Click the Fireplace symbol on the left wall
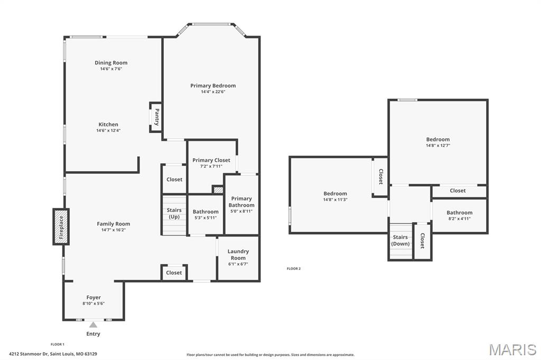pyautogui.click(x=61, y=226)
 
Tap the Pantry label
pyautogui.click(x=157, y=117)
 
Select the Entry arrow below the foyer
pyautogui.click(x=93, y=325)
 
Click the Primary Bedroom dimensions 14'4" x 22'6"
pyautogui.click(x=213, y=92)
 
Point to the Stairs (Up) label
pyautogui.click(x=174, y=213)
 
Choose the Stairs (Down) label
pyautogui.click(x=400, y=241)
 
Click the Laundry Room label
pyautogui.click(x=238, y=254)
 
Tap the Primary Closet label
pyautogui.click(x=211, y=160)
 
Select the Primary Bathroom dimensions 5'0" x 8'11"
pyautogui.click(x=241, y=211)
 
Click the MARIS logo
pyautogui.click(x=512, y=349)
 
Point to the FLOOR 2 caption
pyautogui.click(x=293, y=269)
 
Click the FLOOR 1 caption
pyautogui.click(x=57, y=344)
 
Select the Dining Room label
pyautogui.click(x=111, y=63)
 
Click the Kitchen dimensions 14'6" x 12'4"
pyautogui.click(x=108, y=130)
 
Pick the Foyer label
pyautogui.click(x=94, y=297)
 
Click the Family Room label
pyautogui.click(x=113, y=224)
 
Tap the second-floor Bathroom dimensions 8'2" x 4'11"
pyautogui.click(x=459, y=219)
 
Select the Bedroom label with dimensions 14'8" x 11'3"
pyautogui.click(x=335, y=194)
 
